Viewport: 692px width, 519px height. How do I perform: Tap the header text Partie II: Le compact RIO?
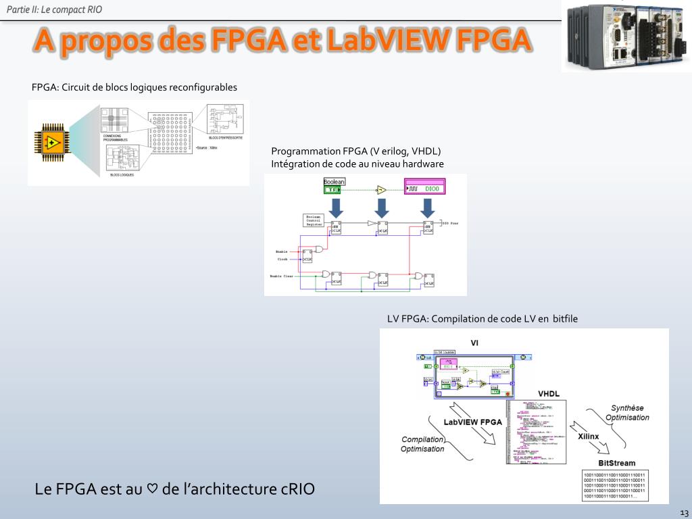click(55, 9)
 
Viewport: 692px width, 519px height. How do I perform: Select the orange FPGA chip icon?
click(53, 143)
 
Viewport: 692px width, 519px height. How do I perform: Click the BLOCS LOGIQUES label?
click(122, 175)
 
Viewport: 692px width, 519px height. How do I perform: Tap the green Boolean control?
click(335, 186)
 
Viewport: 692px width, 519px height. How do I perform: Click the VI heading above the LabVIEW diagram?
click(475, 342)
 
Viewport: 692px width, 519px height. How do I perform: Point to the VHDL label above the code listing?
click(549, 394)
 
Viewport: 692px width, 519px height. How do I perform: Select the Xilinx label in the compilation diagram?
click(589, 437)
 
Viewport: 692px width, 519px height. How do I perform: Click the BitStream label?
click(617, 463)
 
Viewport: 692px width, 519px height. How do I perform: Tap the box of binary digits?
click(614, 485)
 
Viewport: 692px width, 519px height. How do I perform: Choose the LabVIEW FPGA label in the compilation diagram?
click(472, 422)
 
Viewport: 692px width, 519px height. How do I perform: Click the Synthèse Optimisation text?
click(627, 412)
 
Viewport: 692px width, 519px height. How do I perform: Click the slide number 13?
click(684, 512)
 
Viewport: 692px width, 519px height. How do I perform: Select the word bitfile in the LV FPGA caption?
click(565, 319)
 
